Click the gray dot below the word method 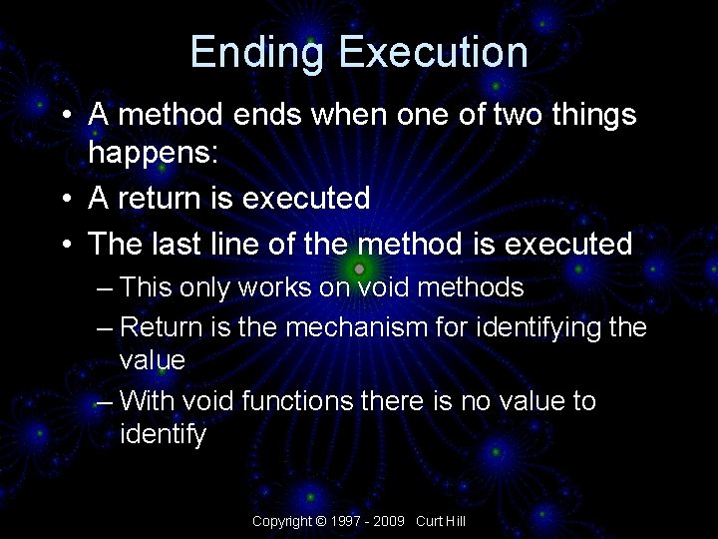[359, 270]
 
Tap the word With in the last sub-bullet [145, 401]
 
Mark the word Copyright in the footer [282, 521]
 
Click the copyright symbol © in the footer [321, 521]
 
